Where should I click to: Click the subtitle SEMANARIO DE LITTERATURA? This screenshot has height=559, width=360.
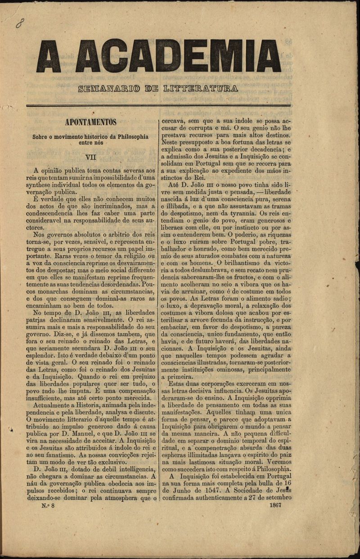point(158,88)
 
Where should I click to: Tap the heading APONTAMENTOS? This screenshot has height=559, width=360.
point(90,122)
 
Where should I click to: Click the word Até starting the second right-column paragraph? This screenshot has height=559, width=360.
point(175,185)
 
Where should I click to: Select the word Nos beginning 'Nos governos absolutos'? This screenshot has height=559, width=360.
point(40,235)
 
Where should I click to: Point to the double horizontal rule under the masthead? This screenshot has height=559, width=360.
point(158,106)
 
